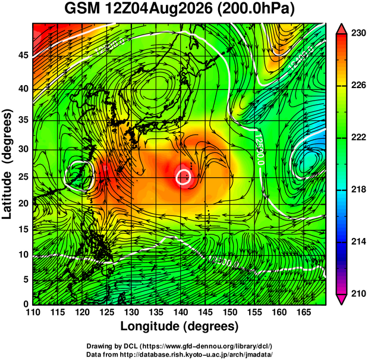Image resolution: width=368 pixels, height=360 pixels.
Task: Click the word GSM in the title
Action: point(82,9)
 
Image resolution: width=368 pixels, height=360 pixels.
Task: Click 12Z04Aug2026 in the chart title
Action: point(159,9)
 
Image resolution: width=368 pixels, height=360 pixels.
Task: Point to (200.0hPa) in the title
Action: point(256,10)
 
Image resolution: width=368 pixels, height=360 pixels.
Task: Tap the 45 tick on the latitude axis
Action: point(23,55)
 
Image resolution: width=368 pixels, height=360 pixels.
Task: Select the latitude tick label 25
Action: point(23,177)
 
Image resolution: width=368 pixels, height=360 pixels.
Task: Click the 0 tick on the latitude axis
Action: point(26,305)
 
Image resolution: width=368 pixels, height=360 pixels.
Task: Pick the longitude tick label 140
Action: point(181,312)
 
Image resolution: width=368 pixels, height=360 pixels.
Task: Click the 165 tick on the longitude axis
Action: point(304,312)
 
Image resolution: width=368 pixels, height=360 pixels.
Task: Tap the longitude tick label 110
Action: point(33,312)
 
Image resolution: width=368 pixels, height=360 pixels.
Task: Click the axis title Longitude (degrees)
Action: point(180,327)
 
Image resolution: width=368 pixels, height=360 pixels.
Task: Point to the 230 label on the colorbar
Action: point(358,33)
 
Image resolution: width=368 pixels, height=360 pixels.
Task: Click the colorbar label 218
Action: point(358,189)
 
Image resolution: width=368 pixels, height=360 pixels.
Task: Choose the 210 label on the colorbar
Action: point(358,293)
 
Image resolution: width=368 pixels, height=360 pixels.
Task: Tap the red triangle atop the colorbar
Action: point(341,29)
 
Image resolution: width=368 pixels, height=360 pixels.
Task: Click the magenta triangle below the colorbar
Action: point(341,299)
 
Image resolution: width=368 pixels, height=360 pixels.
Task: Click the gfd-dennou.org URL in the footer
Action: point(206,346)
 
